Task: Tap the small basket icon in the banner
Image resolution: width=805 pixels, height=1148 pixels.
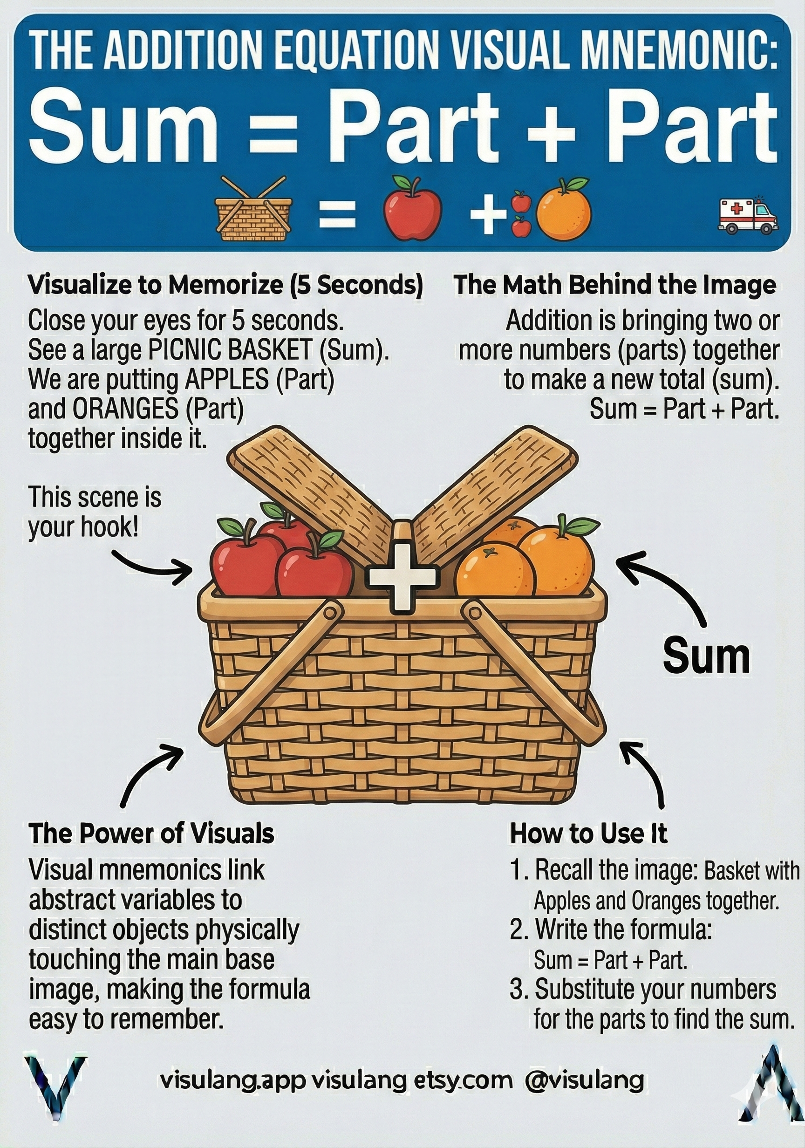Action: coord(253,211)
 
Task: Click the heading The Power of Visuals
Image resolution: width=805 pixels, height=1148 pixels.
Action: coord(151,834)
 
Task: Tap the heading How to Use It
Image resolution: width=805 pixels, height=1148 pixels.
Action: coord(588,834)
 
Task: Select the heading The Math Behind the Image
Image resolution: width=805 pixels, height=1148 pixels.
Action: coord(614,285)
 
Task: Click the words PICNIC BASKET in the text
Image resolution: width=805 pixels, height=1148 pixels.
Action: coord(231,350)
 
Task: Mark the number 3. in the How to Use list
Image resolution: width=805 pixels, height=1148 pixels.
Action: coord(519,990)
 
